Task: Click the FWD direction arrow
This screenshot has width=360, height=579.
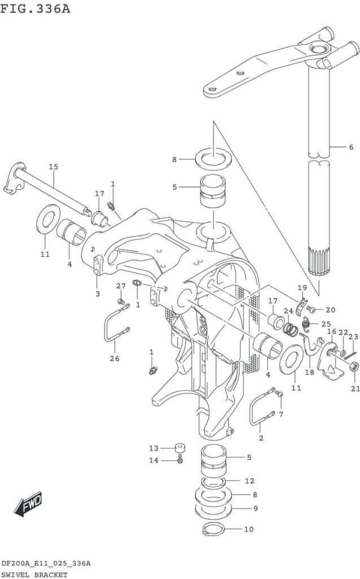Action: point(28,504)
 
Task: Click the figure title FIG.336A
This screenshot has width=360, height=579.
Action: point(36,8)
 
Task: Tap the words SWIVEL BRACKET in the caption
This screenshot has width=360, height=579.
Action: point(34,574)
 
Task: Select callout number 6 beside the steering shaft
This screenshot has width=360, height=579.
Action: point(351,147)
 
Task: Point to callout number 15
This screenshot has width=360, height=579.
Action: point(54,167)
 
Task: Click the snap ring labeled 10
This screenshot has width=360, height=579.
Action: point(214,529)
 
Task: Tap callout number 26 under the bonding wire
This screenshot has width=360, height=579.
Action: point(115,358)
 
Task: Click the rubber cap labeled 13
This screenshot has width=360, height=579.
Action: point(180,448)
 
